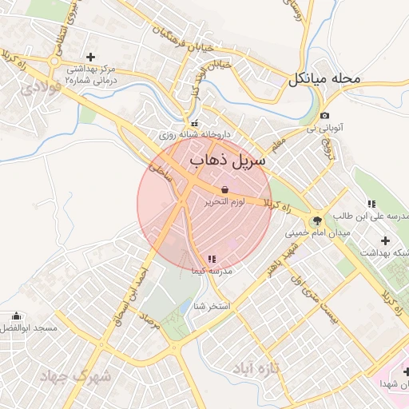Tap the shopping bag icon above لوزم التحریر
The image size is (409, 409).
(224, 189)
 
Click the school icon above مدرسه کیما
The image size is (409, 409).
(211, 259)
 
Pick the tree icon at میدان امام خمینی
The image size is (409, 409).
(317, 220)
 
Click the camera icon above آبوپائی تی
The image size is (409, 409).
(325, 114)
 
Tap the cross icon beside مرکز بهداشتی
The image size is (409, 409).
(90, 58)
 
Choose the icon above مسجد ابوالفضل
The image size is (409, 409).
(17, 316)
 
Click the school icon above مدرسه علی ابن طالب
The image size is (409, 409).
(371, 204)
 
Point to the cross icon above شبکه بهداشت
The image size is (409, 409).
(385, 240)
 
